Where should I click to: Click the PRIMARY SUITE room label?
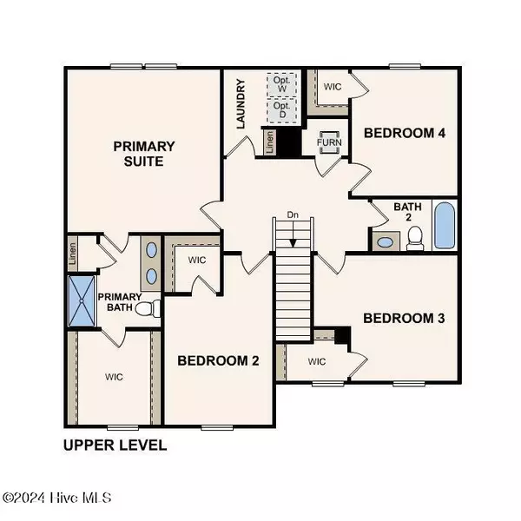point(144,154)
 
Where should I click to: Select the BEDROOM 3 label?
point(404,318)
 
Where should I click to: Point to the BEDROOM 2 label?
point(218,360)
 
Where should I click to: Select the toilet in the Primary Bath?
point(152,308)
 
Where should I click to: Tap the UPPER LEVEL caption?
point(115,445)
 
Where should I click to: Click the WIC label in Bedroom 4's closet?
point(333,88)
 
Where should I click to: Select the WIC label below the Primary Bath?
point(114,376)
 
